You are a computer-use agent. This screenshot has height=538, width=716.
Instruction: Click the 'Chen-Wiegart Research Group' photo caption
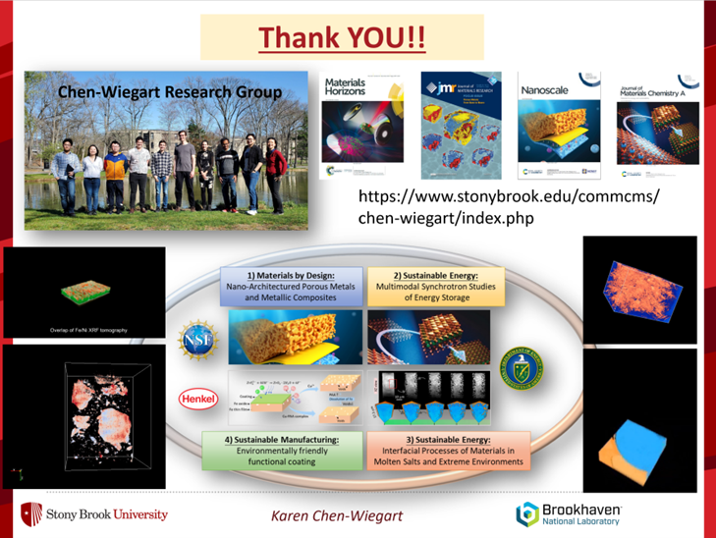pyautogui.click(x=170, y=93)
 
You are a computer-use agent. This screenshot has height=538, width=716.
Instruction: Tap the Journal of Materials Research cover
pyautogui.click(x=462, y=127)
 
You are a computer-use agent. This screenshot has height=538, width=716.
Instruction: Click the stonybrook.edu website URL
pyautogui.click(x=509, y=207)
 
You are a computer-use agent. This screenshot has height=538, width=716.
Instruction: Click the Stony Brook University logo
pyautogui.click(x=94, y=514)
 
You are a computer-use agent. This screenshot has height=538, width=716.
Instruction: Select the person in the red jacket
pyautogui.click(x=276, y=175)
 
